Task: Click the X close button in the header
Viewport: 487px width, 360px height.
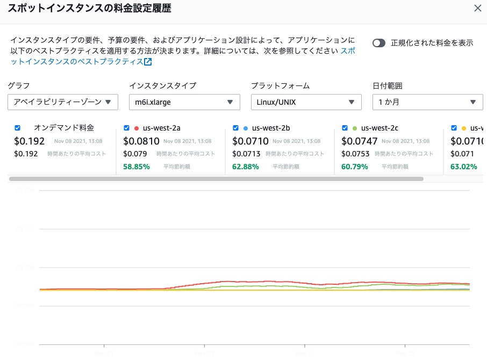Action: click(x=477, y=8)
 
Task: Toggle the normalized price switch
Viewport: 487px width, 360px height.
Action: click(x=379, y=43)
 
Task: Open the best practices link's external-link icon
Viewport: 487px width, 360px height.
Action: click(x=148, y=62)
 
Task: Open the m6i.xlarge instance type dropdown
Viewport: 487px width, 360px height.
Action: click(x=184, y=102)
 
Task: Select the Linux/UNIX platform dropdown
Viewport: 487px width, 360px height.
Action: click(x=306, y=102)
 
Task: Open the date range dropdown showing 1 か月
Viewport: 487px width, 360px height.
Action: click(x=427, y=102)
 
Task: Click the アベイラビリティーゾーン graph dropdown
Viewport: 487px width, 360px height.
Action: click(x=63, y=102)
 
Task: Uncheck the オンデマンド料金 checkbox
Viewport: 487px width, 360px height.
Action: click(x=18, y=128)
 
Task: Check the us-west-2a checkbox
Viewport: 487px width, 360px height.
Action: click(x=126, y=128)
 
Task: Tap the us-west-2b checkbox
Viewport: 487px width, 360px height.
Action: click(x=235, y=128)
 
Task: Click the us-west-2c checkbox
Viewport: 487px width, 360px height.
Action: click(x=345, y=128)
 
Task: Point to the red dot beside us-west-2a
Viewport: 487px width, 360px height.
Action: click(x=137, y=128)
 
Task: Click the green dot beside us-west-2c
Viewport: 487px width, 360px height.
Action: click(x=355, y=128)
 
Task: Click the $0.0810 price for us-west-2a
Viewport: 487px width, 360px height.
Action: click(x=141, y=141)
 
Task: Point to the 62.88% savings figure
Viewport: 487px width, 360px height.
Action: click(x=245, y=167)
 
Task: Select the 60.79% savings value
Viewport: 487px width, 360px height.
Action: click(x=355, y=167)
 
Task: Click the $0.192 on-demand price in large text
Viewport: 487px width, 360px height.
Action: click(x=29, y=141)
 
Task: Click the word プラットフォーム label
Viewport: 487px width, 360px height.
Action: click(x=280, y=85)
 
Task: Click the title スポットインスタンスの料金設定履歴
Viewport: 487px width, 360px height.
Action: click(x=90, y=8)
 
